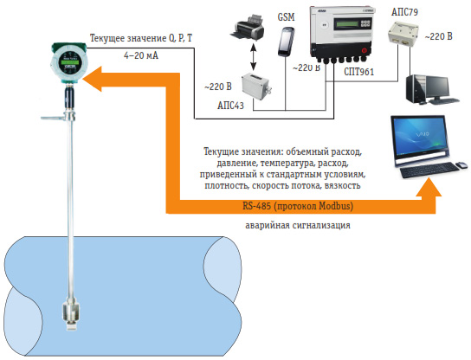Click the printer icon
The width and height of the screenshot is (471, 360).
[x=248, y=28]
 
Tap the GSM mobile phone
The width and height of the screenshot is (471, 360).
[x=286, y=42]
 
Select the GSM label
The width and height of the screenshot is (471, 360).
[x=286, y=17]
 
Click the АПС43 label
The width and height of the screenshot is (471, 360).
[x=230, y=106]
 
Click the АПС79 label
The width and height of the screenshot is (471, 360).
[x=404, y=12]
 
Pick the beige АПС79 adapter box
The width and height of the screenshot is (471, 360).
[x=403, y=33]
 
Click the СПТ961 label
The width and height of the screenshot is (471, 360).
[x=359, y=72]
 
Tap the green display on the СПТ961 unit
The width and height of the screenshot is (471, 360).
[x=346, y=23]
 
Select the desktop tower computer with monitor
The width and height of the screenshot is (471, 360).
[x=431, y=89]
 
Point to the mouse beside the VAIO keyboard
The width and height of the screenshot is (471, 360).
[x=461, y=164]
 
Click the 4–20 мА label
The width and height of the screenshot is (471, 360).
[x=141, y=55]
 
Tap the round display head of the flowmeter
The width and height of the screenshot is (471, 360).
[x=70, y=63]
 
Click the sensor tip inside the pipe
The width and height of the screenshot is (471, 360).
[x=71, y=315]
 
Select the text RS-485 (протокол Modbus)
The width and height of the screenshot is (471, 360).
[x=298, y=206]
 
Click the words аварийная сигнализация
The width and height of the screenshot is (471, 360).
[x=298, y=225]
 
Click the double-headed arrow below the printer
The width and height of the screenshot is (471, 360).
[x=254, y=57]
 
